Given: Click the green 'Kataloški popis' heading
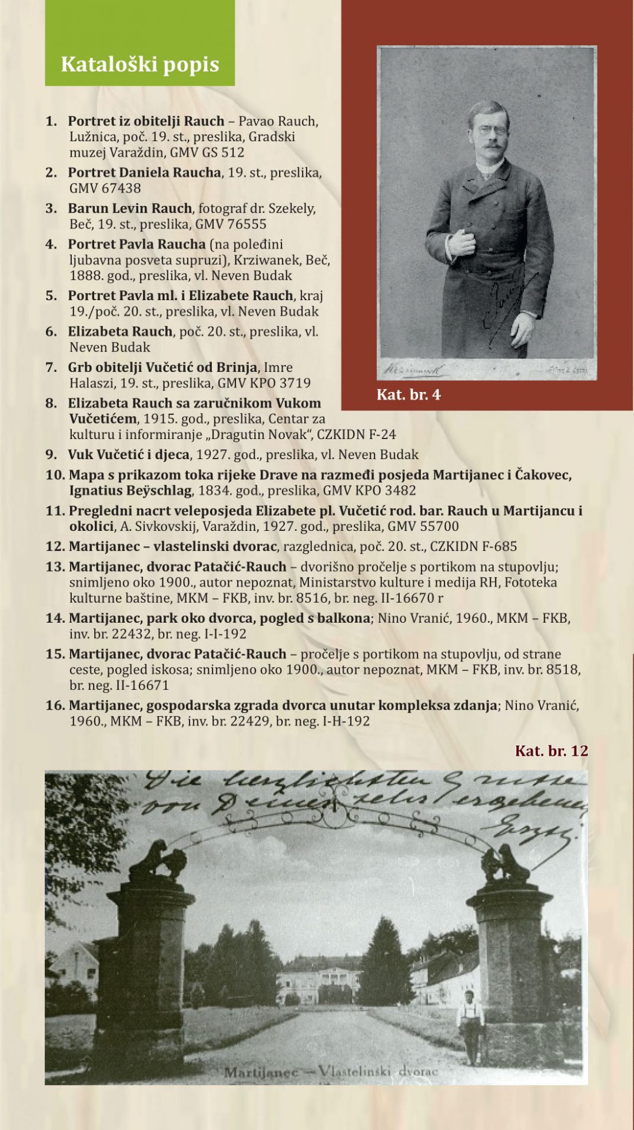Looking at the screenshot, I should pyautogui.click(x=140, y=64).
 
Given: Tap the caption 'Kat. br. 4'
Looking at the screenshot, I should pyautogui.click(x=409, y=394).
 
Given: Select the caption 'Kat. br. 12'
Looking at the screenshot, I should pyautogui.click(x=551, y=750).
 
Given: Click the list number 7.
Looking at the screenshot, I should pyautogui.click(x=51, y=367).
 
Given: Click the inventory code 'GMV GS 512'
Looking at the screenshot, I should pyautogui.click(x=207, y=152).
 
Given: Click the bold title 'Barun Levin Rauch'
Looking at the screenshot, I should pyautogui.click(x=130, y=208).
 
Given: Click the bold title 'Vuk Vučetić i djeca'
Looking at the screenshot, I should pyautogui.click(x=128, y=454).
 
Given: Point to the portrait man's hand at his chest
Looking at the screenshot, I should pyautogui.click(x=462, y=241).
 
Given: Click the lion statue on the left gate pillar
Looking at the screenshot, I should pyautogui.click(x=158, y=859).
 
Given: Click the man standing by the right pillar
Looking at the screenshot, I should pyautogui.click(x=469, y=1024).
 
